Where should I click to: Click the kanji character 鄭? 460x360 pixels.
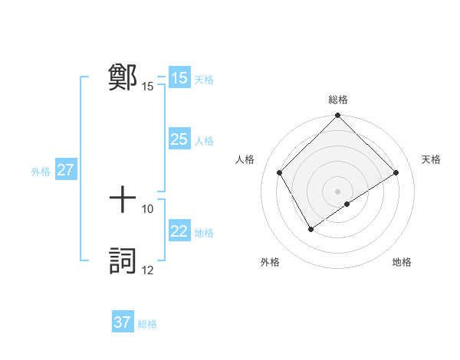[x=123, y=77]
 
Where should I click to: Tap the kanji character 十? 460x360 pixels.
[x=123, y=200]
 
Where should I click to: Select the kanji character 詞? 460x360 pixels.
[x=123, y=261]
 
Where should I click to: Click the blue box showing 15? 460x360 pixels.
[x=179, y=78]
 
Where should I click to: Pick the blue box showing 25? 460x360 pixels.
[x=179, y=139]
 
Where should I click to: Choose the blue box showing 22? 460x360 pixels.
[x=179, y=231]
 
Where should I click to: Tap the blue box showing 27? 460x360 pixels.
[x=66, y=170]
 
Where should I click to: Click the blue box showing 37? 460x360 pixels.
[x=123, y=322]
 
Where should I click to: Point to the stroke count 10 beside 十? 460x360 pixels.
[x=148, y=208]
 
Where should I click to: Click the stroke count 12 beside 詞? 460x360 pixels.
[x=148, y=270]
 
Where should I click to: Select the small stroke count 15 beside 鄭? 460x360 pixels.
[x=148, y=86]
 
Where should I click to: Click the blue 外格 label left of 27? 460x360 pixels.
[x=41, y=172]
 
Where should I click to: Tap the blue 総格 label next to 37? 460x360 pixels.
[x=147, y=324]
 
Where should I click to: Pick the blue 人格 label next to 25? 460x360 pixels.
[x=204, y=141]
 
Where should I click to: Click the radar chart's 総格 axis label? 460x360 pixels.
[x=337, y=100]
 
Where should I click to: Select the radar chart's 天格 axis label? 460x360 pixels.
[x=431, y=159]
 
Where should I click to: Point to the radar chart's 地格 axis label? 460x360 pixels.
[x=402, y=263]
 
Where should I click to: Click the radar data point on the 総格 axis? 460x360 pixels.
[x=337, y=116]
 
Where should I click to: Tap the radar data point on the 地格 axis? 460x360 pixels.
[x=347, y=204]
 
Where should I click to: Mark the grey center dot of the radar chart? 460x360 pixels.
[x=337, y=191]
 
